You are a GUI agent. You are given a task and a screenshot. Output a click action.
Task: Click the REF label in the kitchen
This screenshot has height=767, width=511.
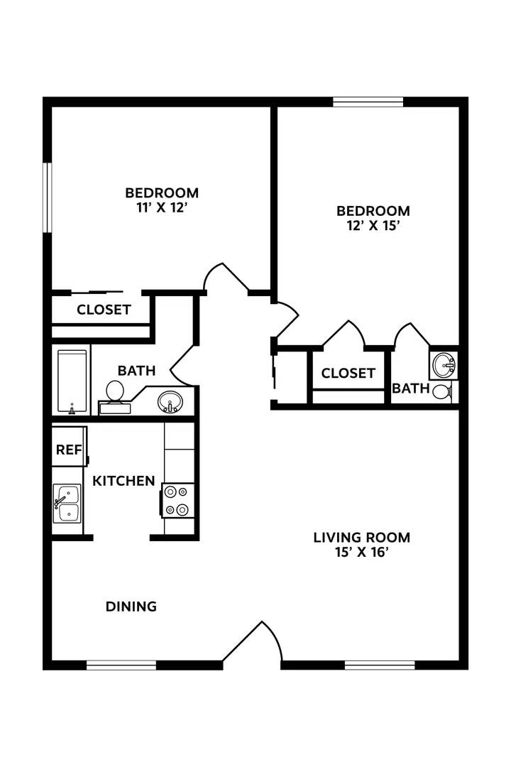(x=69, y=450)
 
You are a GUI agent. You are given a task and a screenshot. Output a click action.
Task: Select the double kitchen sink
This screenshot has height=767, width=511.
(x=67, y=504)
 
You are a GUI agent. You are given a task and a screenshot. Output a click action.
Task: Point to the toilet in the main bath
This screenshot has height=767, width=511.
(x=114, y=393)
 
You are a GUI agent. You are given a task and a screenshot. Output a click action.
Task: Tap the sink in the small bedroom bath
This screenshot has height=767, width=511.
(x=445, y=366)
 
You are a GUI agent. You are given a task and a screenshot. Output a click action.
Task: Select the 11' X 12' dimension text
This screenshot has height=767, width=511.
(x=162, y=208)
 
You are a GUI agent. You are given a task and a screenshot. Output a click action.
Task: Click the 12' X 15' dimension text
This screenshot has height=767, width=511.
(x=373, y=227)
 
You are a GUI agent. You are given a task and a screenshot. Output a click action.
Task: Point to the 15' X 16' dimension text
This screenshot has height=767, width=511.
(x=361, y=553)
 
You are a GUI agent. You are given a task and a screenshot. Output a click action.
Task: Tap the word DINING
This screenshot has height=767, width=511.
(x=131, y=606)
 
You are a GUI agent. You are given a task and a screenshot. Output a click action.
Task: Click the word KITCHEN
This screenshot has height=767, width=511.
(x=123, y=481)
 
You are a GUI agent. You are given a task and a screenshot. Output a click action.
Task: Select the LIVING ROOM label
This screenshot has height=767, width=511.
(x=361, y=537)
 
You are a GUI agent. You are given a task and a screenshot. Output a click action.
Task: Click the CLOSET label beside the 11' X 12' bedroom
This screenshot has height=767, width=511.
(x=104, y=310)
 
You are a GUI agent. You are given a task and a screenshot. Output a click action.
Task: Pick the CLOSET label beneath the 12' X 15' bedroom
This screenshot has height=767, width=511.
(x=348, y=373)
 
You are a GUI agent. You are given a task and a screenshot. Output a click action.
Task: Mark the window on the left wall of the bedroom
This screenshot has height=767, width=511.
(x=48, y=197)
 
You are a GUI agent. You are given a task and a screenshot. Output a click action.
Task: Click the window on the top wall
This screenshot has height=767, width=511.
(x=368, y=102)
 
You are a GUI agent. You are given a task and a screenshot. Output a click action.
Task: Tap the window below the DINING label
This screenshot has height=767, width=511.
(x=121, y=665)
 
